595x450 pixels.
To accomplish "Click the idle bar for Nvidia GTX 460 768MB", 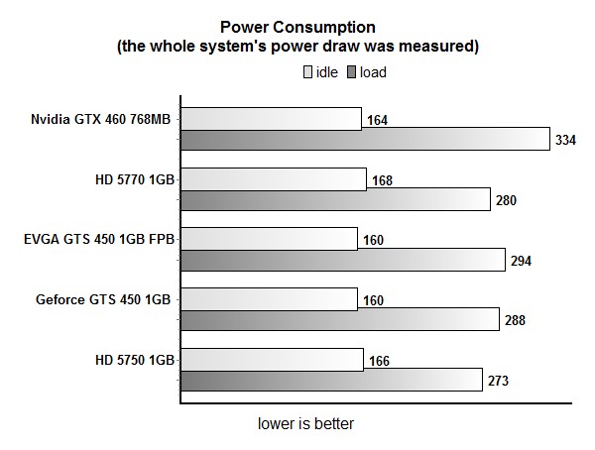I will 271,119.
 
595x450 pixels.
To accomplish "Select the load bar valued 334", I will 365,140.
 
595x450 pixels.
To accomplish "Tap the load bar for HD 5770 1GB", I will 336,200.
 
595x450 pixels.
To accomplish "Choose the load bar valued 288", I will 340,320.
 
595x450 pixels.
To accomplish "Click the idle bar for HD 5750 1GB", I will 272,360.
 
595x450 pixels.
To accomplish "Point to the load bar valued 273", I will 332,381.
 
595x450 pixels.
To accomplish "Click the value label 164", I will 377,121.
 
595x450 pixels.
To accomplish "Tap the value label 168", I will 382,181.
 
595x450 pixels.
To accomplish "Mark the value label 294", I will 521,262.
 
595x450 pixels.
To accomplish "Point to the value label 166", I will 378,361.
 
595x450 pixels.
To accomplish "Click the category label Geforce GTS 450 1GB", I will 102,299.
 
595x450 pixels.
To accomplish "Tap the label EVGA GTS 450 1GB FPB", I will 98,239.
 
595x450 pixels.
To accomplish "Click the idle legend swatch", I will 307,72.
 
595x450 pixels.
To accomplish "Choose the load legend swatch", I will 351,72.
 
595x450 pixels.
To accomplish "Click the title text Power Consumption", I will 297,28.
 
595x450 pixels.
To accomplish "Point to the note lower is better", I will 305,424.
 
